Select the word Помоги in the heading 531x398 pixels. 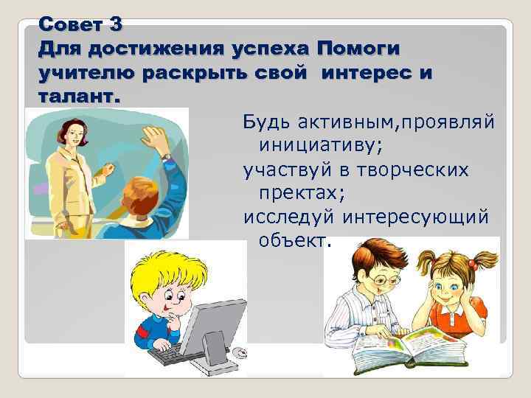coord(358,49)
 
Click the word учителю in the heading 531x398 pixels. coord(86,74)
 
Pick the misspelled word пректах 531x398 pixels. coord(294,193)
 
